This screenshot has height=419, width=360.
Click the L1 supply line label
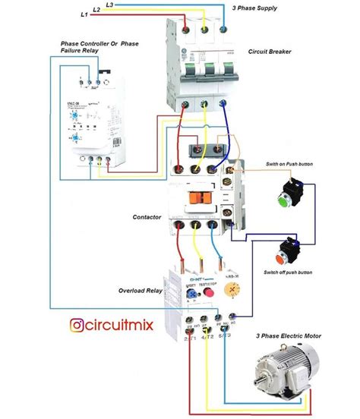pos(83,14)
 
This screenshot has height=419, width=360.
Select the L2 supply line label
pos(96,9)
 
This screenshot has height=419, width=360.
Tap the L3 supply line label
pos(109,5)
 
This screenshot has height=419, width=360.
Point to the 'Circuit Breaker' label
pos(270,52)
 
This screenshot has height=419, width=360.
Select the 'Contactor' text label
pos(147,217)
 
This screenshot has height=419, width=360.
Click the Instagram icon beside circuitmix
pos(77,325)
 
